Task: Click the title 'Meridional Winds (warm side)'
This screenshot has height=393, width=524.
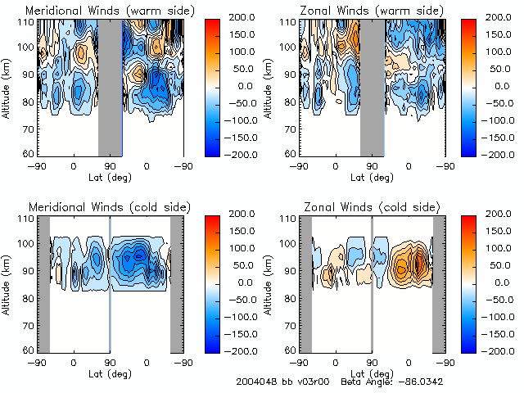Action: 97,10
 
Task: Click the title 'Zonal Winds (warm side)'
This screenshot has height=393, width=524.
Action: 359,10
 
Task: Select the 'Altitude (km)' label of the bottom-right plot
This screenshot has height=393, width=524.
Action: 269,282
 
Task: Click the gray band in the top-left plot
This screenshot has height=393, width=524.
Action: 110,86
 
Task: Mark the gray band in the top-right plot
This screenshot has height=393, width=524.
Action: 372,86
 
